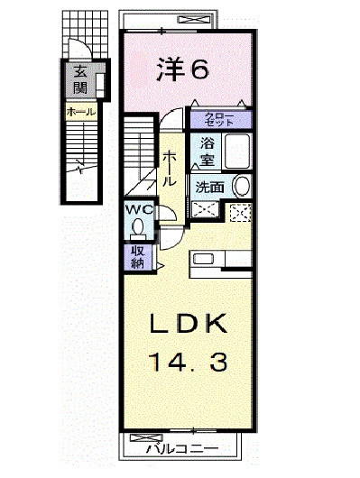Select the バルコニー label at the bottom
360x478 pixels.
[182, 447]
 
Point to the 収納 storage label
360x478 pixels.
[137, 256]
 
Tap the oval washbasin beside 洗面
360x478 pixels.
[241, 186]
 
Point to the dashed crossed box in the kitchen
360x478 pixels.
[240, 213]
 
